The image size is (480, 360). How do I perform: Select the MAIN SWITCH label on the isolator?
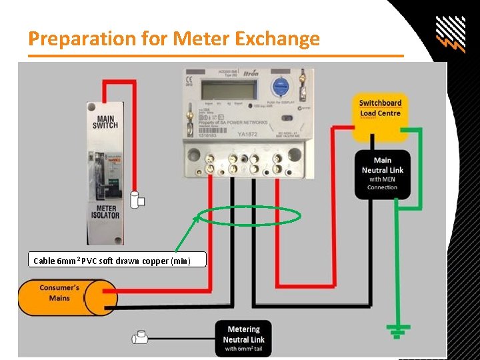pos(105,121)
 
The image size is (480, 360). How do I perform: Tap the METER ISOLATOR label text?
pos(105,211)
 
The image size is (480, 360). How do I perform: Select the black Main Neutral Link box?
pos(382,173)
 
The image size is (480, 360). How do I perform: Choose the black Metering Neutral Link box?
pos(243,339)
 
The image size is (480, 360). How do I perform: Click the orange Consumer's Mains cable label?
pos(60,297)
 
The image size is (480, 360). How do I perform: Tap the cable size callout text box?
pos(117,261)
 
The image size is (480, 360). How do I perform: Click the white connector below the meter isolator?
pos(138,199)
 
